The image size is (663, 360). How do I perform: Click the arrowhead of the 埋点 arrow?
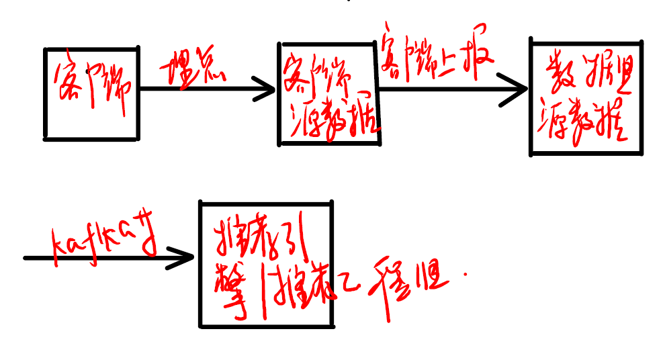[267, 88]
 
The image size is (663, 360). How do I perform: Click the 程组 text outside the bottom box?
[410, 275]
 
